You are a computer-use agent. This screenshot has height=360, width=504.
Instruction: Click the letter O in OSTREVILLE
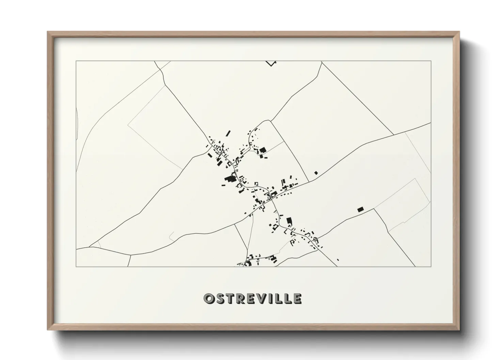208,298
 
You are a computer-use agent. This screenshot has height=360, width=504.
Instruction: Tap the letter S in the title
219,298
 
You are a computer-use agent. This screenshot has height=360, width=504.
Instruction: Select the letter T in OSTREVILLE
229,298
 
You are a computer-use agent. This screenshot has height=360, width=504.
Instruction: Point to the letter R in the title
240,298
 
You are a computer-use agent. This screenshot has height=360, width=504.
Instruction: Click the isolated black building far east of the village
360,210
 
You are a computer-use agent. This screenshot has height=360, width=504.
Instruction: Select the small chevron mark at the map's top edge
271,63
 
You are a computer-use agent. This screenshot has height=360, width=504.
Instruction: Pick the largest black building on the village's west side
229,179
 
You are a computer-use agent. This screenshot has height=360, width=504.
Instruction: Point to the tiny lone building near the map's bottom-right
337,260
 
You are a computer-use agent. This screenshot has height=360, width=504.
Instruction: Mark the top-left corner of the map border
76,61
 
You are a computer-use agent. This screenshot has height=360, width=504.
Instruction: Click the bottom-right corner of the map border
431,266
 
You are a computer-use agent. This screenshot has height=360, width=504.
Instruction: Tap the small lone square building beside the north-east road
316,173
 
